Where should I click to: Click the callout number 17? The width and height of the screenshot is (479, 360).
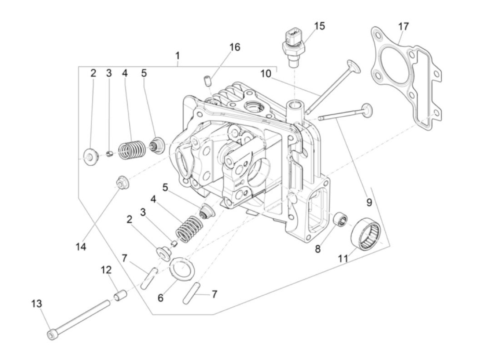click(403, 26)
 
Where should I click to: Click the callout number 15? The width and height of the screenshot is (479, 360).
click(320, 26)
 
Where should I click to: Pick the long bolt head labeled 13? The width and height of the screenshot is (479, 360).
click(51, 334)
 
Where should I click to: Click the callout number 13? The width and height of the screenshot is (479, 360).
click(37, 304)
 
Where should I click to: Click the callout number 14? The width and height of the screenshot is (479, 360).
click(81, 247)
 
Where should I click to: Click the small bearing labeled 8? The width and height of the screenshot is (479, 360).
click(341, 218)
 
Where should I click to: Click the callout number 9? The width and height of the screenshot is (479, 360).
click(369, 202)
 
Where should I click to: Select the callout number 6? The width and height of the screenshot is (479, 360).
click(160, 298)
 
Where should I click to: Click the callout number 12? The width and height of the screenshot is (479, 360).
click(106, 270)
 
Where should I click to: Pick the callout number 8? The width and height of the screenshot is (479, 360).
click(318, 249)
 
